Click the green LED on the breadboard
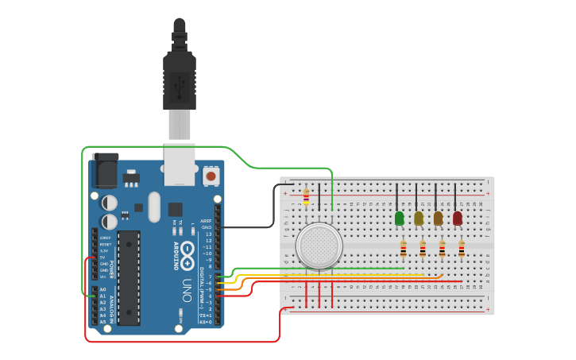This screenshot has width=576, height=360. pyautogui.click(x=400, y=218)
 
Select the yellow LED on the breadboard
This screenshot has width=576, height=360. pyautogui.click(x=419, y=218)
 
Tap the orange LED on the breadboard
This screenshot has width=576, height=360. pyautogui.click(x=438, y=218)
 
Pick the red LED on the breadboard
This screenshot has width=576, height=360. pyautogui.click(x=458, y=218)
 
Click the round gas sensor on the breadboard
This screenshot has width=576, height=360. pyautogui.click(x=319, y=245)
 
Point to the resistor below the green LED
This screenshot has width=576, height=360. pyautogui.click(x=403, y=250)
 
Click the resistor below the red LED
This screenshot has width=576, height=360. pyautogui.click(x=462, y=250)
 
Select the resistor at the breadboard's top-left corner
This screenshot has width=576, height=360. pyautogui.click(x=307, y=196)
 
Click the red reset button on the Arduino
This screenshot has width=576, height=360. pyautogui.click(x=211, y=175)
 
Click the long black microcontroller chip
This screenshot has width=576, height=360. pyautogui.click(x=129, y=277)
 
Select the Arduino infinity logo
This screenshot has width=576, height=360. pyautogui.click(x=187, y=254)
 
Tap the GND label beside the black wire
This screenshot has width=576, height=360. pyautogui.click(x=207, y=227)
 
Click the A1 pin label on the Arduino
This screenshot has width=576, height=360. pyautogui.click(x=102, y=296)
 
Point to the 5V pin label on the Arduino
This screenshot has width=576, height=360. pyautogui.click(x=102, y=257)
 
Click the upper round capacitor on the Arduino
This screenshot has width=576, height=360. pyautogui.click(x=110, y=203)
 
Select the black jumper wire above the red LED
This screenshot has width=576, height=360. pyautogui.click(x=455, y=195)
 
